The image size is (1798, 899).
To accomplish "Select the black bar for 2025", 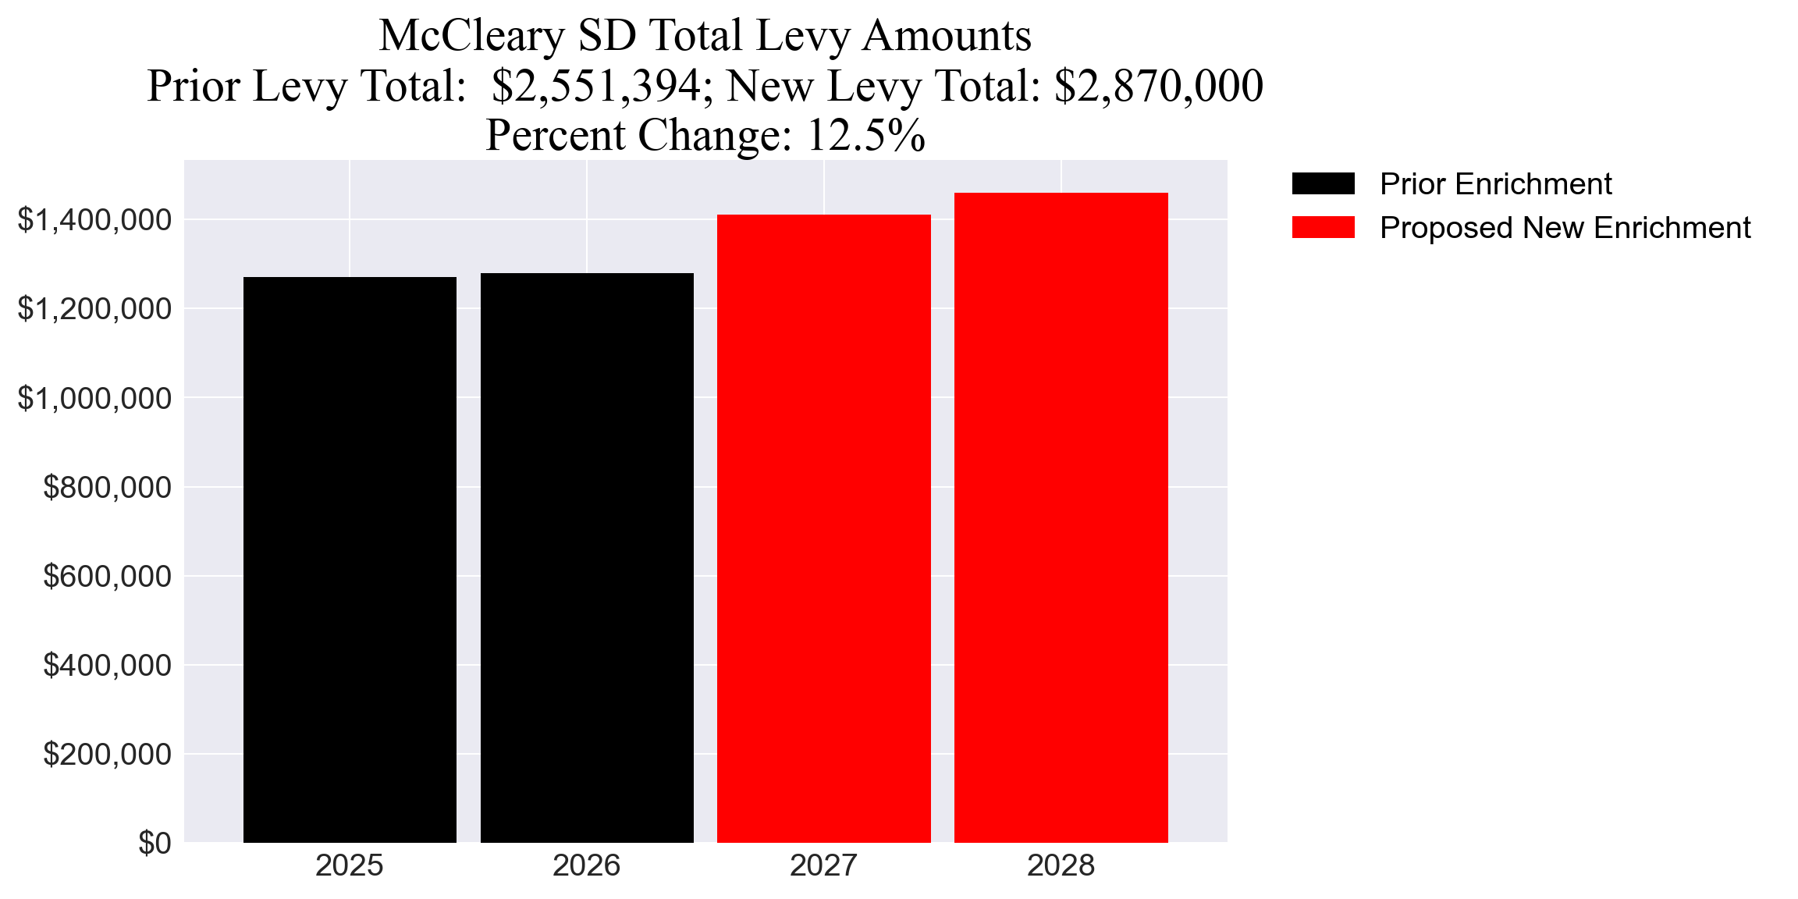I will click(350, 559).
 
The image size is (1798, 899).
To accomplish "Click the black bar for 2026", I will click(587, 557).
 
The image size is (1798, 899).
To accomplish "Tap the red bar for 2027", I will click(824, 528).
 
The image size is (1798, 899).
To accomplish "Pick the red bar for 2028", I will click(1061, 517).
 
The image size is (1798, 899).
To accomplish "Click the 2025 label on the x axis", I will click(350, 865).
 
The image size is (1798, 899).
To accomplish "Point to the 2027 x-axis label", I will click(824, 865).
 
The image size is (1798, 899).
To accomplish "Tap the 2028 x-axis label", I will click(1061, 865).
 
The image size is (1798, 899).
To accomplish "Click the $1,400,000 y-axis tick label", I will click(94, 220).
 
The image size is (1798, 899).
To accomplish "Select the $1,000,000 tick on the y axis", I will click(94, 398).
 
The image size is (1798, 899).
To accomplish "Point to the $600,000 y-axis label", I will click(107, 576).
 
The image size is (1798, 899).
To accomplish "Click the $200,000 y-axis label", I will click(107, 754).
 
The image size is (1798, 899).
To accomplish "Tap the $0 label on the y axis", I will click(155, 843).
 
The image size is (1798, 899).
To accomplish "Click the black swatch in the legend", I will click(1323, 184).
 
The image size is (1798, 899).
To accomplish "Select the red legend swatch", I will click(1323, 228).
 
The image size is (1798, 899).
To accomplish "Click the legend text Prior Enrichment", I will click(1495, 184).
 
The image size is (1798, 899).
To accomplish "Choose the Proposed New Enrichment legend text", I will click(1565, 228).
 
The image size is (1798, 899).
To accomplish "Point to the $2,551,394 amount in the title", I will click(596, 86).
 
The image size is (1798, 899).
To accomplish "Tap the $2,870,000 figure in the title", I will click(1158, 86).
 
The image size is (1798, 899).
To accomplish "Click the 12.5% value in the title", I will click(865, 135).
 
